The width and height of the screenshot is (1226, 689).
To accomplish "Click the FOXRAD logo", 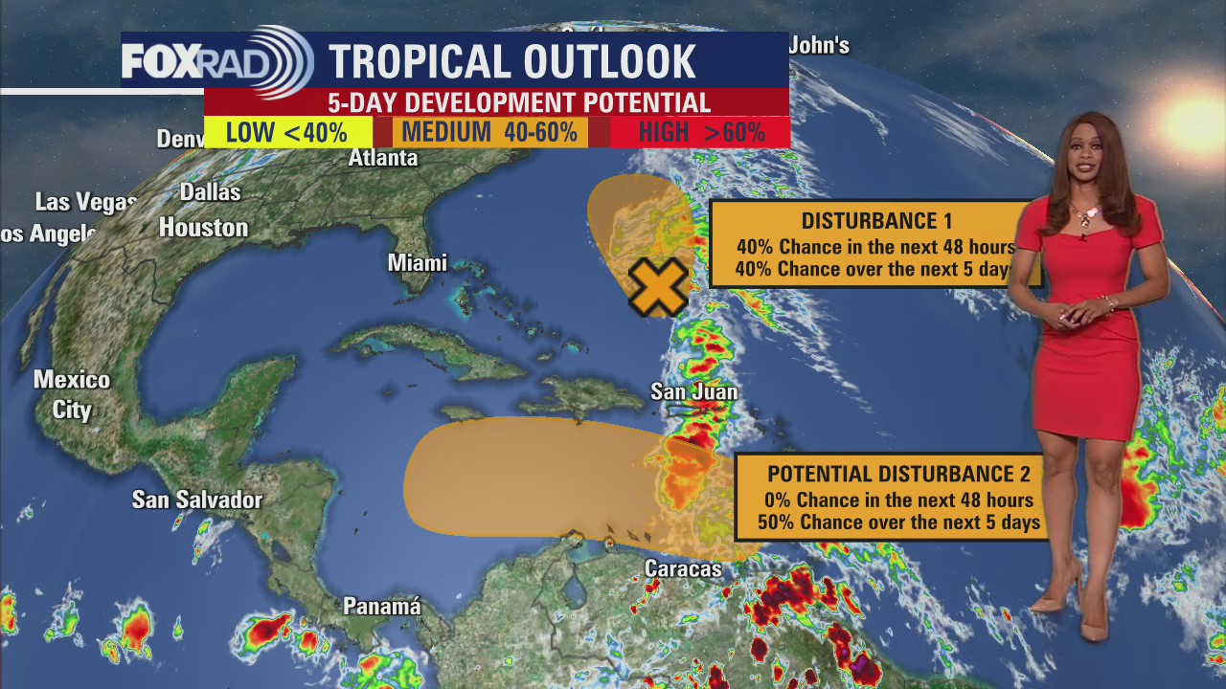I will (216, 62).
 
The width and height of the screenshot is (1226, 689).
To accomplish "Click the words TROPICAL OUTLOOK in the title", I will (512, 62).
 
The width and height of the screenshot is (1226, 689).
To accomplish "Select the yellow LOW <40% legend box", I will (287, 132).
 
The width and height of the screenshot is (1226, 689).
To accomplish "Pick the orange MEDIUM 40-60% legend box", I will (489, 132).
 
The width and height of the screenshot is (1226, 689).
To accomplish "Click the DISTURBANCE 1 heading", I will (870, 221).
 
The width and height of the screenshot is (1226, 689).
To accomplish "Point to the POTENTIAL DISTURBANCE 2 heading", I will (898, 474).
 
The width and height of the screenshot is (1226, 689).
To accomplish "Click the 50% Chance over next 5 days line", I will (898, 522).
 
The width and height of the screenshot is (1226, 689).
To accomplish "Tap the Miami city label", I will (418, 263).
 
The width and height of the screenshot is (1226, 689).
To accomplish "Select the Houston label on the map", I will (203, 228).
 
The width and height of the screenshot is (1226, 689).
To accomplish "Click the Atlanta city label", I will (383, 158).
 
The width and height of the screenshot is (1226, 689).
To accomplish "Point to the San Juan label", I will (693, 391).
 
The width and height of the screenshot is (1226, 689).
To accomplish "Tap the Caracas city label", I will (683, 568).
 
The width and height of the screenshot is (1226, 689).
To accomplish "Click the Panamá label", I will (382, 607).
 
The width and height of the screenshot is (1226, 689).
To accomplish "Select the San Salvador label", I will (196, 500).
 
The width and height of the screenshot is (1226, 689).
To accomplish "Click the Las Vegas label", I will (86, 202).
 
